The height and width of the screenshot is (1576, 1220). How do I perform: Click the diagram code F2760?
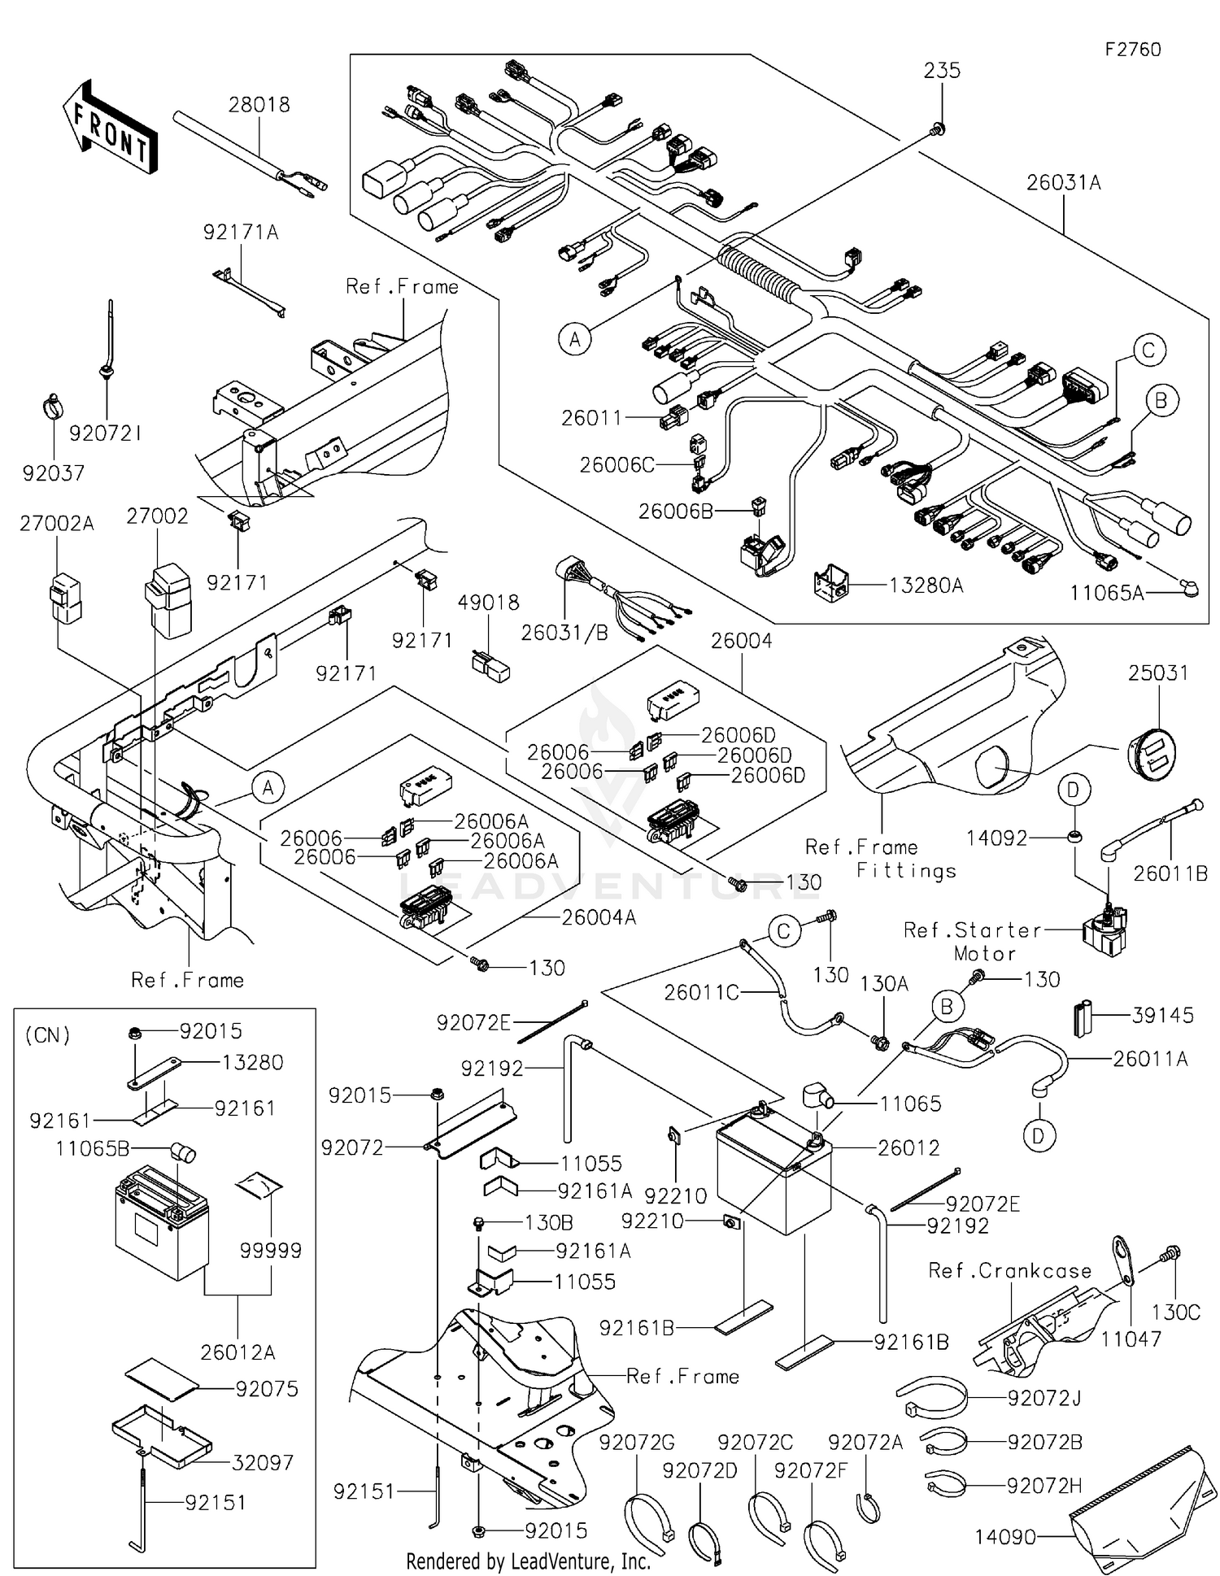(1132, 50)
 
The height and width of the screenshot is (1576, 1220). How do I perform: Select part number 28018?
(259, 105)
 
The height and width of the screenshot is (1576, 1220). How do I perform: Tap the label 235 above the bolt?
(942, 71)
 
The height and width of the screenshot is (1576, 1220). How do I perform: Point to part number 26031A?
(1063, 183)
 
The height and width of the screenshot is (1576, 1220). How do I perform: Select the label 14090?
(1005, 1537)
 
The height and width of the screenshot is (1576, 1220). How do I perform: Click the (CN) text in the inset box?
(48, 1035)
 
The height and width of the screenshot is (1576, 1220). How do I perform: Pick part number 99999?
(271, 1250)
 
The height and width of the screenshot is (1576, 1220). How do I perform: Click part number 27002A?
(57, 524)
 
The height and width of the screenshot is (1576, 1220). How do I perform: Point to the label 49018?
(488, 603)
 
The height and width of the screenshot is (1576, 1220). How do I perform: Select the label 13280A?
(926, 585)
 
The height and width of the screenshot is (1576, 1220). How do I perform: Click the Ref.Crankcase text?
(1010, 1270)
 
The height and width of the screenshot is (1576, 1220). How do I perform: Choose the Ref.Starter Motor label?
(973, 941)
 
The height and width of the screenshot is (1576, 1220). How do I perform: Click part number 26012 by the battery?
(908, 1147)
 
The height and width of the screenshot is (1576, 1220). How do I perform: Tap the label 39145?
(1163, 1015)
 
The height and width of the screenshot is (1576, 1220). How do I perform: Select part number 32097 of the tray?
(262, 1462)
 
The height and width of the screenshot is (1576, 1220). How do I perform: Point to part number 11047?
(1131, 1338)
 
